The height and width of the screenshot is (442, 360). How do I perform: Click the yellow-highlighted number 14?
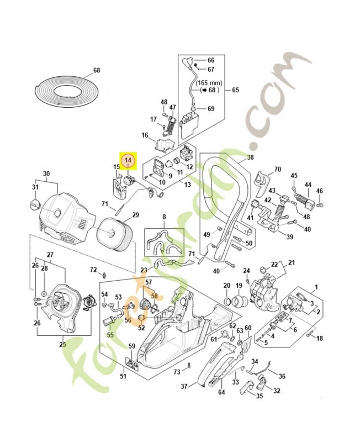click(x=128, y=160)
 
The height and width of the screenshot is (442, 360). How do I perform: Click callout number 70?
click(x=278, y=169)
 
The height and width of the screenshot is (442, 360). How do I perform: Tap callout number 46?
click(x=319, y=192)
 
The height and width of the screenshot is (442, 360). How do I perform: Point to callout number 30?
click(x=46, y=173)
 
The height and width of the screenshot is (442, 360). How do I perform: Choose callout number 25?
click(x=62, y=345)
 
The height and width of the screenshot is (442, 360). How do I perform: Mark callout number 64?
click(x=221, y=393)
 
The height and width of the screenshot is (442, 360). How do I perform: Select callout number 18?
click(x=319, y=338)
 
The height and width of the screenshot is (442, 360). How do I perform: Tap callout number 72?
click(x=93, y=269)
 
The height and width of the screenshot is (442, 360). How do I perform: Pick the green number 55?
click(x=110, y=335)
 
